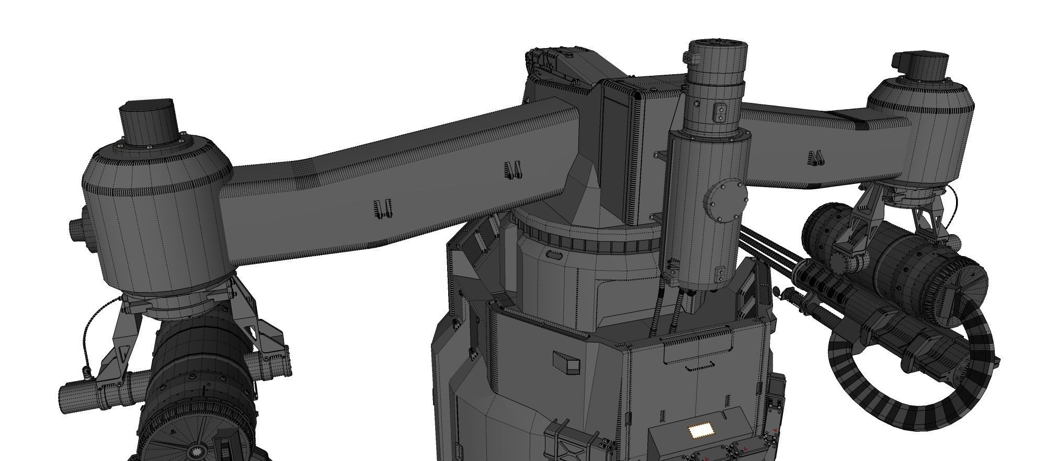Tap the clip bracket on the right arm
[x=815, y=158]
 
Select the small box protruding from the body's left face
[x=567, y=363]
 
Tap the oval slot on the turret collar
[x=554, y=255]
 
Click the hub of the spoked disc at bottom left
[x=198, y=449]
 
